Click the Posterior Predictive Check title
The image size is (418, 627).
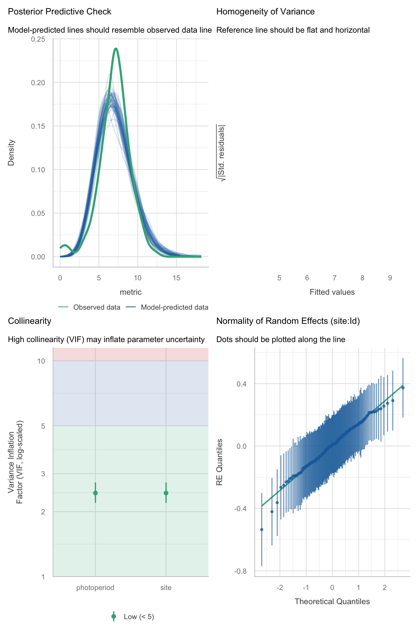pyautogui.click(x=60, y=12)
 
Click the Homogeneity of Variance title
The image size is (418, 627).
pyautogui.click(x=265, y=12)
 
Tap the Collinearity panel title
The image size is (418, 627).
pyautogui.click(x=30, y=321)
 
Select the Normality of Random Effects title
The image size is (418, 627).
pyautogui.click(x=288, y=321)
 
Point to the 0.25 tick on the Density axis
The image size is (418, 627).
pyautogui.click(x=38, y=39)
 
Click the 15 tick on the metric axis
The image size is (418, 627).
pyautogui.click(x=176, y=278)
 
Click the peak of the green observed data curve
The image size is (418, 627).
pyautogui.click(x=116, y=49)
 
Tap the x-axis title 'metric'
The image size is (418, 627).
pyautogui.click(x=131, y=292)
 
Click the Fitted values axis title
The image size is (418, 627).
pyautogui.click(x=332, y=292)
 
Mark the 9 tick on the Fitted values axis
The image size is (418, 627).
pyautogui.click(x=390, y=278)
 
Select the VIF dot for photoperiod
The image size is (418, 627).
pyautogui.click(x=96, y=493)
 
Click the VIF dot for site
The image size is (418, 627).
pyautogui.click(x=166, y=493)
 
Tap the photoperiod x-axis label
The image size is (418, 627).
pyautogui.click(x=95, y=588)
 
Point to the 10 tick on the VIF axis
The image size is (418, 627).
pyautogui.click(x=41, y=361)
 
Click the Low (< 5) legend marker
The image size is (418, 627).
pyautogui.click(x=114, y=617)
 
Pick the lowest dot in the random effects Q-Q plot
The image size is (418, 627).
pyautogui.click(x=262, y=530)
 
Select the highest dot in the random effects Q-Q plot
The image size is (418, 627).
pyautogui.click(x=403, y=388)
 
